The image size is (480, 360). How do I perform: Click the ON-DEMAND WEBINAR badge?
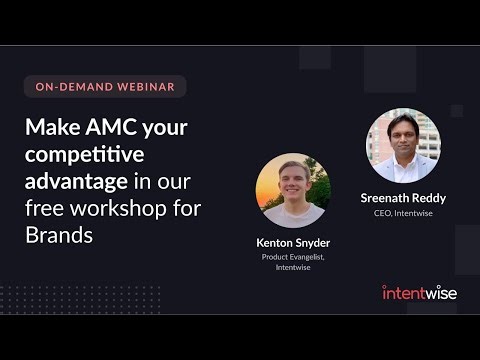[105, 87]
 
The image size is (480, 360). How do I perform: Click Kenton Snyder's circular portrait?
[292, 190]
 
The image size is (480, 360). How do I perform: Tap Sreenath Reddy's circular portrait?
[403, 145]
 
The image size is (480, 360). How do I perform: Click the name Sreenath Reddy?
[403, 198]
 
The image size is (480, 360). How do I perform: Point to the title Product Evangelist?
[292, 257]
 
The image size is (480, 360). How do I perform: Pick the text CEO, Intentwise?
[403, 213]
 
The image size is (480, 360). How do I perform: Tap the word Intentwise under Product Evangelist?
[292, 268]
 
